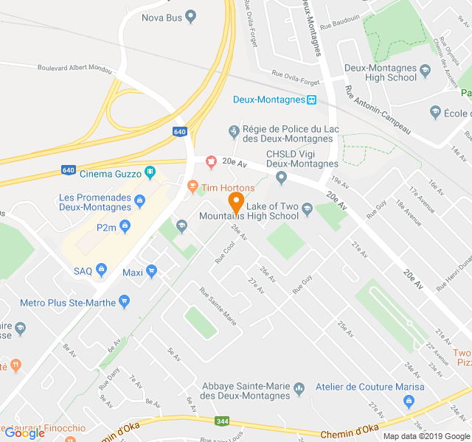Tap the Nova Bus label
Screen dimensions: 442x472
[x=162, y=16]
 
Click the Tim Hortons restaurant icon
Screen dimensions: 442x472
[x=192, y=187]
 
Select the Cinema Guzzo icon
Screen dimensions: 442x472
[x=150, y=173]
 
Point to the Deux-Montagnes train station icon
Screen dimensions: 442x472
[x=312, y=99]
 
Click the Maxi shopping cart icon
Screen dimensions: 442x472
[x=152, y=272]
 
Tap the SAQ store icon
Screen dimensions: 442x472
[x=102, y=270]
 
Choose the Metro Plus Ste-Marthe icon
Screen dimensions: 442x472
[x=124, y=301]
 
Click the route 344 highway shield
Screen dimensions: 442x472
[x=221, y=421]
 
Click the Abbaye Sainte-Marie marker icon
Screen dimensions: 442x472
[x=299, y=387]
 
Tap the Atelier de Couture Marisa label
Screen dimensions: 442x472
[x=379, y=387]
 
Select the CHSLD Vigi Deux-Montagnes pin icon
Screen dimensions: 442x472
[x=281, y=177]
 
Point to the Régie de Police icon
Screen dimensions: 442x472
[x=234, y=131]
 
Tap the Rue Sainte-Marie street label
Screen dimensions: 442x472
[x=218, y=306]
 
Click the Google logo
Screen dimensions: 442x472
[x=24, y=433]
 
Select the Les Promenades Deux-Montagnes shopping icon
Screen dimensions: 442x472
[x=139, y=198]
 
